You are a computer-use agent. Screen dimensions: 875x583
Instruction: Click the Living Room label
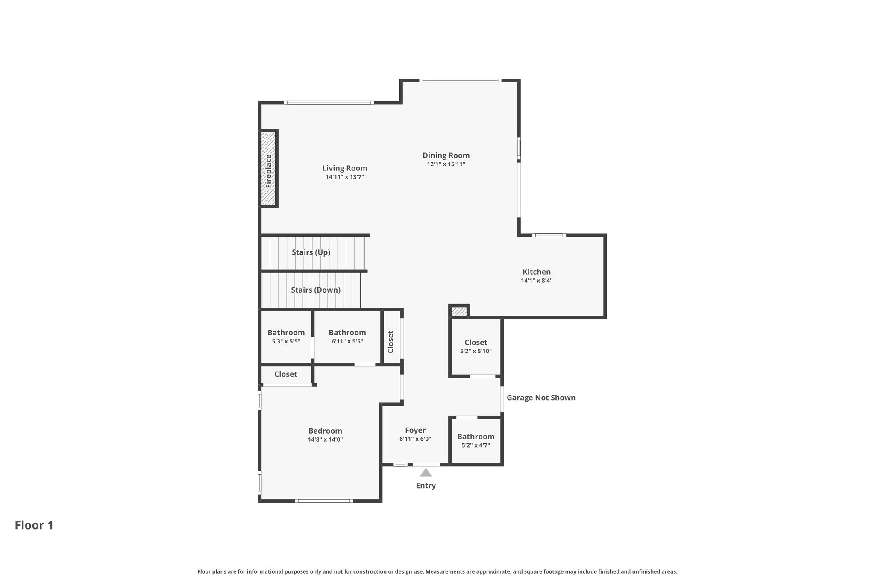(x=344, y=168)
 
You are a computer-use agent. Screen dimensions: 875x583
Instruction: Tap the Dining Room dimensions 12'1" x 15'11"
(x=446, y=164)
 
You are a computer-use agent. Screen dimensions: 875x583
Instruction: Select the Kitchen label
(x=537, y=272)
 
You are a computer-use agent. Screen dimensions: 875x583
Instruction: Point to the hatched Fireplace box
(x=269, y=168)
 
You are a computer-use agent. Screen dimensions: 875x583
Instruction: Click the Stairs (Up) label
(x=311, y=252)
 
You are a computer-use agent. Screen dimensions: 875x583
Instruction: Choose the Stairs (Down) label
(x=316, y=290)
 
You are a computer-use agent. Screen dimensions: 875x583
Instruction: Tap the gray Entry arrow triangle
(x=426, y=472)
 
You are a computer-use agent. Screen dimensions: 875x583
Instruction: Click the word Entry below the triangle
(x=426, y=486)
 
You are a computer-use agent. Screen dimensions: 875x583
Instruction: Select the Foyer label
(x=415, y=431)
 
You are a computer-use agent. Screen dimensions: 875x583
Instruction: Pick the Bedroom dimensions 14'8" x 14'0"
(x=325, y=439)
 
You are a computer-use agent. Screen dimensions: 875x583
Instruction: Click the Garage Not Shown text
(x=541, y=398)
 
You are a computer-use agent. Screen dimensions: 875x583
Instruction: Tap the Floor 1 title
(x=34, y=525)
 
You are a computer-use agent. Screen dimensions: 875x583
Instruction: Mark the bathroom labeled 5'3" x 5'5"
(x=286, y=337)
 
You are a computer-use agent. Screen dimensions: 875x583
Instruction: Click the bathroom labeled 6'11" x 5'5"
(x=347, y=337)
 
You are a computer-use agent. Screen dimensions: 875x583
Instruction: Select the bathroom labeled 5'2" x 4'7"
(x=476, y=440)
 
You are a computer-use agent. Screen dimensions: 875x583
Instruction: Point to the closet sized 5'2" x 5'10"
(x=476, y=346)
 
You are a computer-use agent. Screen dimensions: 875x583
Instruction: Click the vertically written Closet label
(x=391, y=342)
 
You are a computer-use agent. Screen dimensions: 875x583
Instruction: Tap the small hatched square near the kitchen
(x=459, y=311)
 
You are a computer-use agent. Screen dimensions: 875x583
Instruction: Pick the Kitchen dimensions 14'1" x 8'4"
(x=537, y=281)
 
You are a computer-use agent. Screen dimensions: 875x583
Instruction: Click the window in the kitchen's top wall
(x=549, y=235)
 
